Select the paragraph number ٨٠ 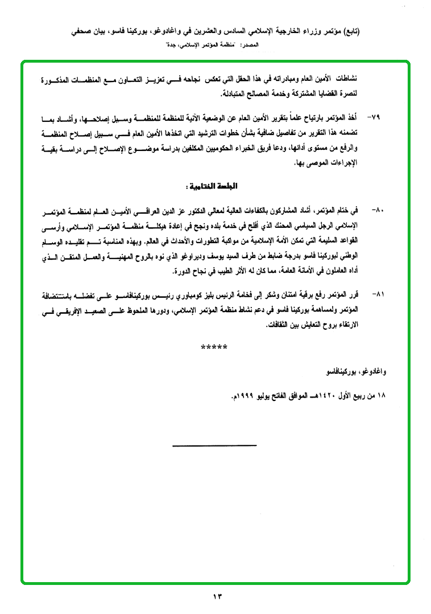(x=378, y=210)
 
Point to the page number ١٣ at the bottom (x=216, y=596)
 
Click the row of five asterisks (x=214, y=347)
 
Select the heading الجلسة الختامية (x=210, y=187)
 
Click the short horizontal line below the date (x=215, y=445)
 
